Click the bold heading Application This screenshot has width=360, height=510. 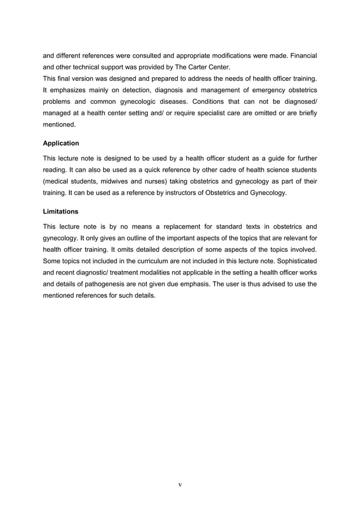click(x=61, y=143)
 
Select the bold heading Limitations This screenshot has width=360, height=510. click(x=60, y=211)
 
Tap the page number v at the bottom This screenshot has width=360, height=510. click(x=179, y=484)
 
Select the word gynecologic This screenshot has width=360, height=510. click(x=144, y=103)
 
